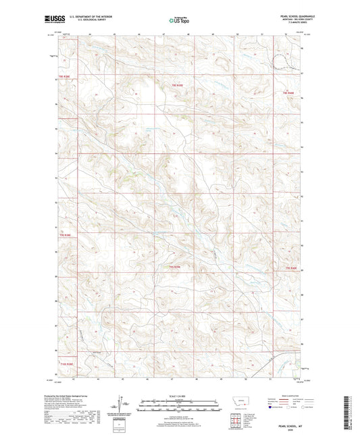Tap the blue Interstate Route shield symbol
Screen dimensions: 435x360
point(271,407)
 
